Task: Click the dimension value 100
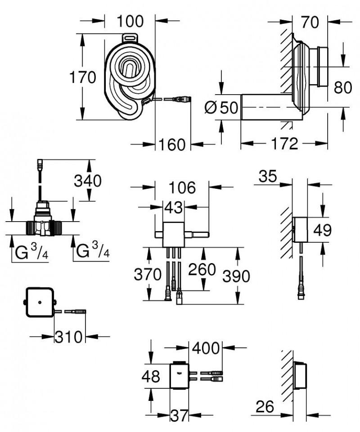[x=130, y=21]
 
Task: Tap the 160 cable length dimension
[x=172, y=145]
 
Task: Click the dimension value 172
[x=285, y=144]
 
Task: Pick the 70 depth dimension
[x=310, y=21]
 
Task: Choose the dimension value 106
[x=182, y=187]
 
